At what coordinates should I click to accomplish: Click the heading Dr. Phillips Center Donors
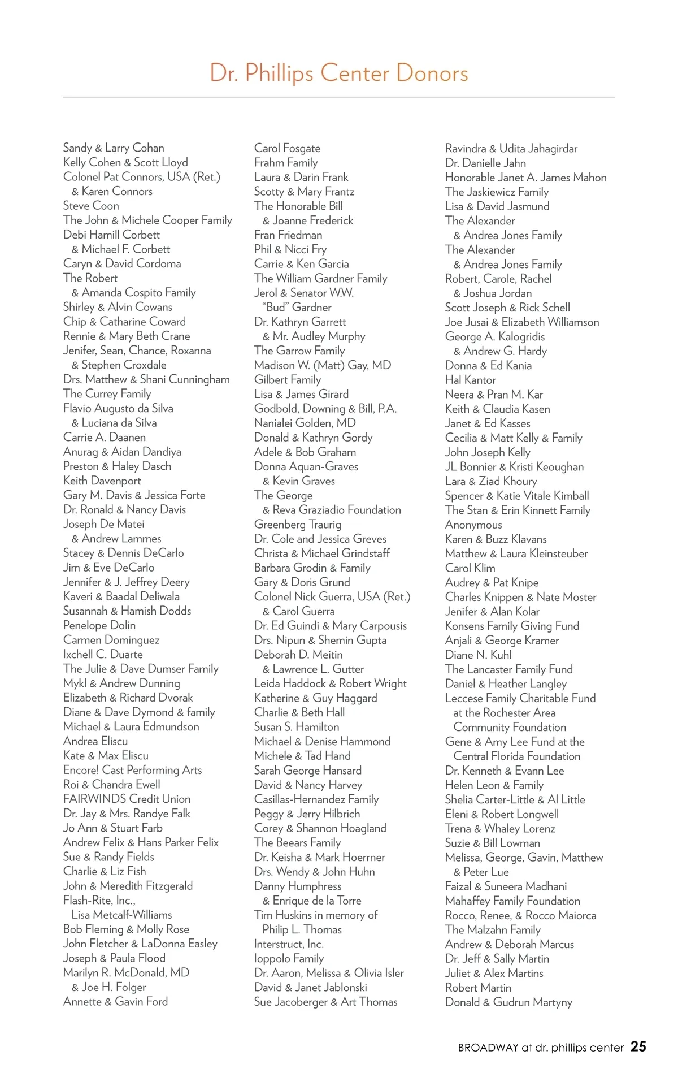tap(339, 73)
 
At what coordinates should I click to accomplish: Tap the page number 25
tap(638, 1046)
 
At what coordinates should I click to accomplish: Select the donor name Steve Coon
tap(91, 206)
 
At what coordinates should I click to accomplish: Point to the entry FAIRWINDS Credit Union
tap(127, 799)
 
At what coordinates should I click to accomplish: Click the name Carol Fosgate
tap(287, 148)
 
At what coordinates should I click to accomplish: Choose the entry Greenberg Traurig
tap(297, 524)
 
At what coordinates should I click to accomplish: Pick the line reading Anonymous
tap(473, 525)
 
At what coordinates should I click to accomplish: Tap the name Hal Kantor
tap(470, 380)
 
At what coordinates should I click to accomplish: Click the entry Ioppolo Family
tap(289, 958)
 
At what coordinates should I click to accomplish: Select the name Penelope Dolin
tap(99, 625)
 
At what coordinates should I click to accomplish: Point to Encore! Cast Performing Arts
tap(132, 770)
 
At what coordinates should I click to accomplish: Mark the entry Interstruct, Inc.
tap(289, 944)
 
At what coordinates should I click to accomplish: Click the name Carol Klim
tap(470, 568)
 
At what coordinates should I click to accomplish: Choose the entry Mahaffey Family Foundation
tap(512, 901)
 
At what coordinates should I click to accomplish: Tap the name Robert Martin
tap(478, 988)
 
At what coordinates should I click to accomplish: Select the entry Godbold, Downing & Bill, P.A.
tap(325, 408)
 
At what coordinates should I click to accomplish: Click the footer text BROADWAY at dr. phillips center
tap(541, 1048)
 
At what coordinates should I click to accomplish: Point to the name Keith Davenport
tap(102, 481)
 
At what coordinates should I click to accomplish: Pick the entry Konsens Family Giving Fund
tap(512, 626)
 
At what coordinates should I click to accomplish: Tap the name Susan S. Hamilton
tap(297, 727)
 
